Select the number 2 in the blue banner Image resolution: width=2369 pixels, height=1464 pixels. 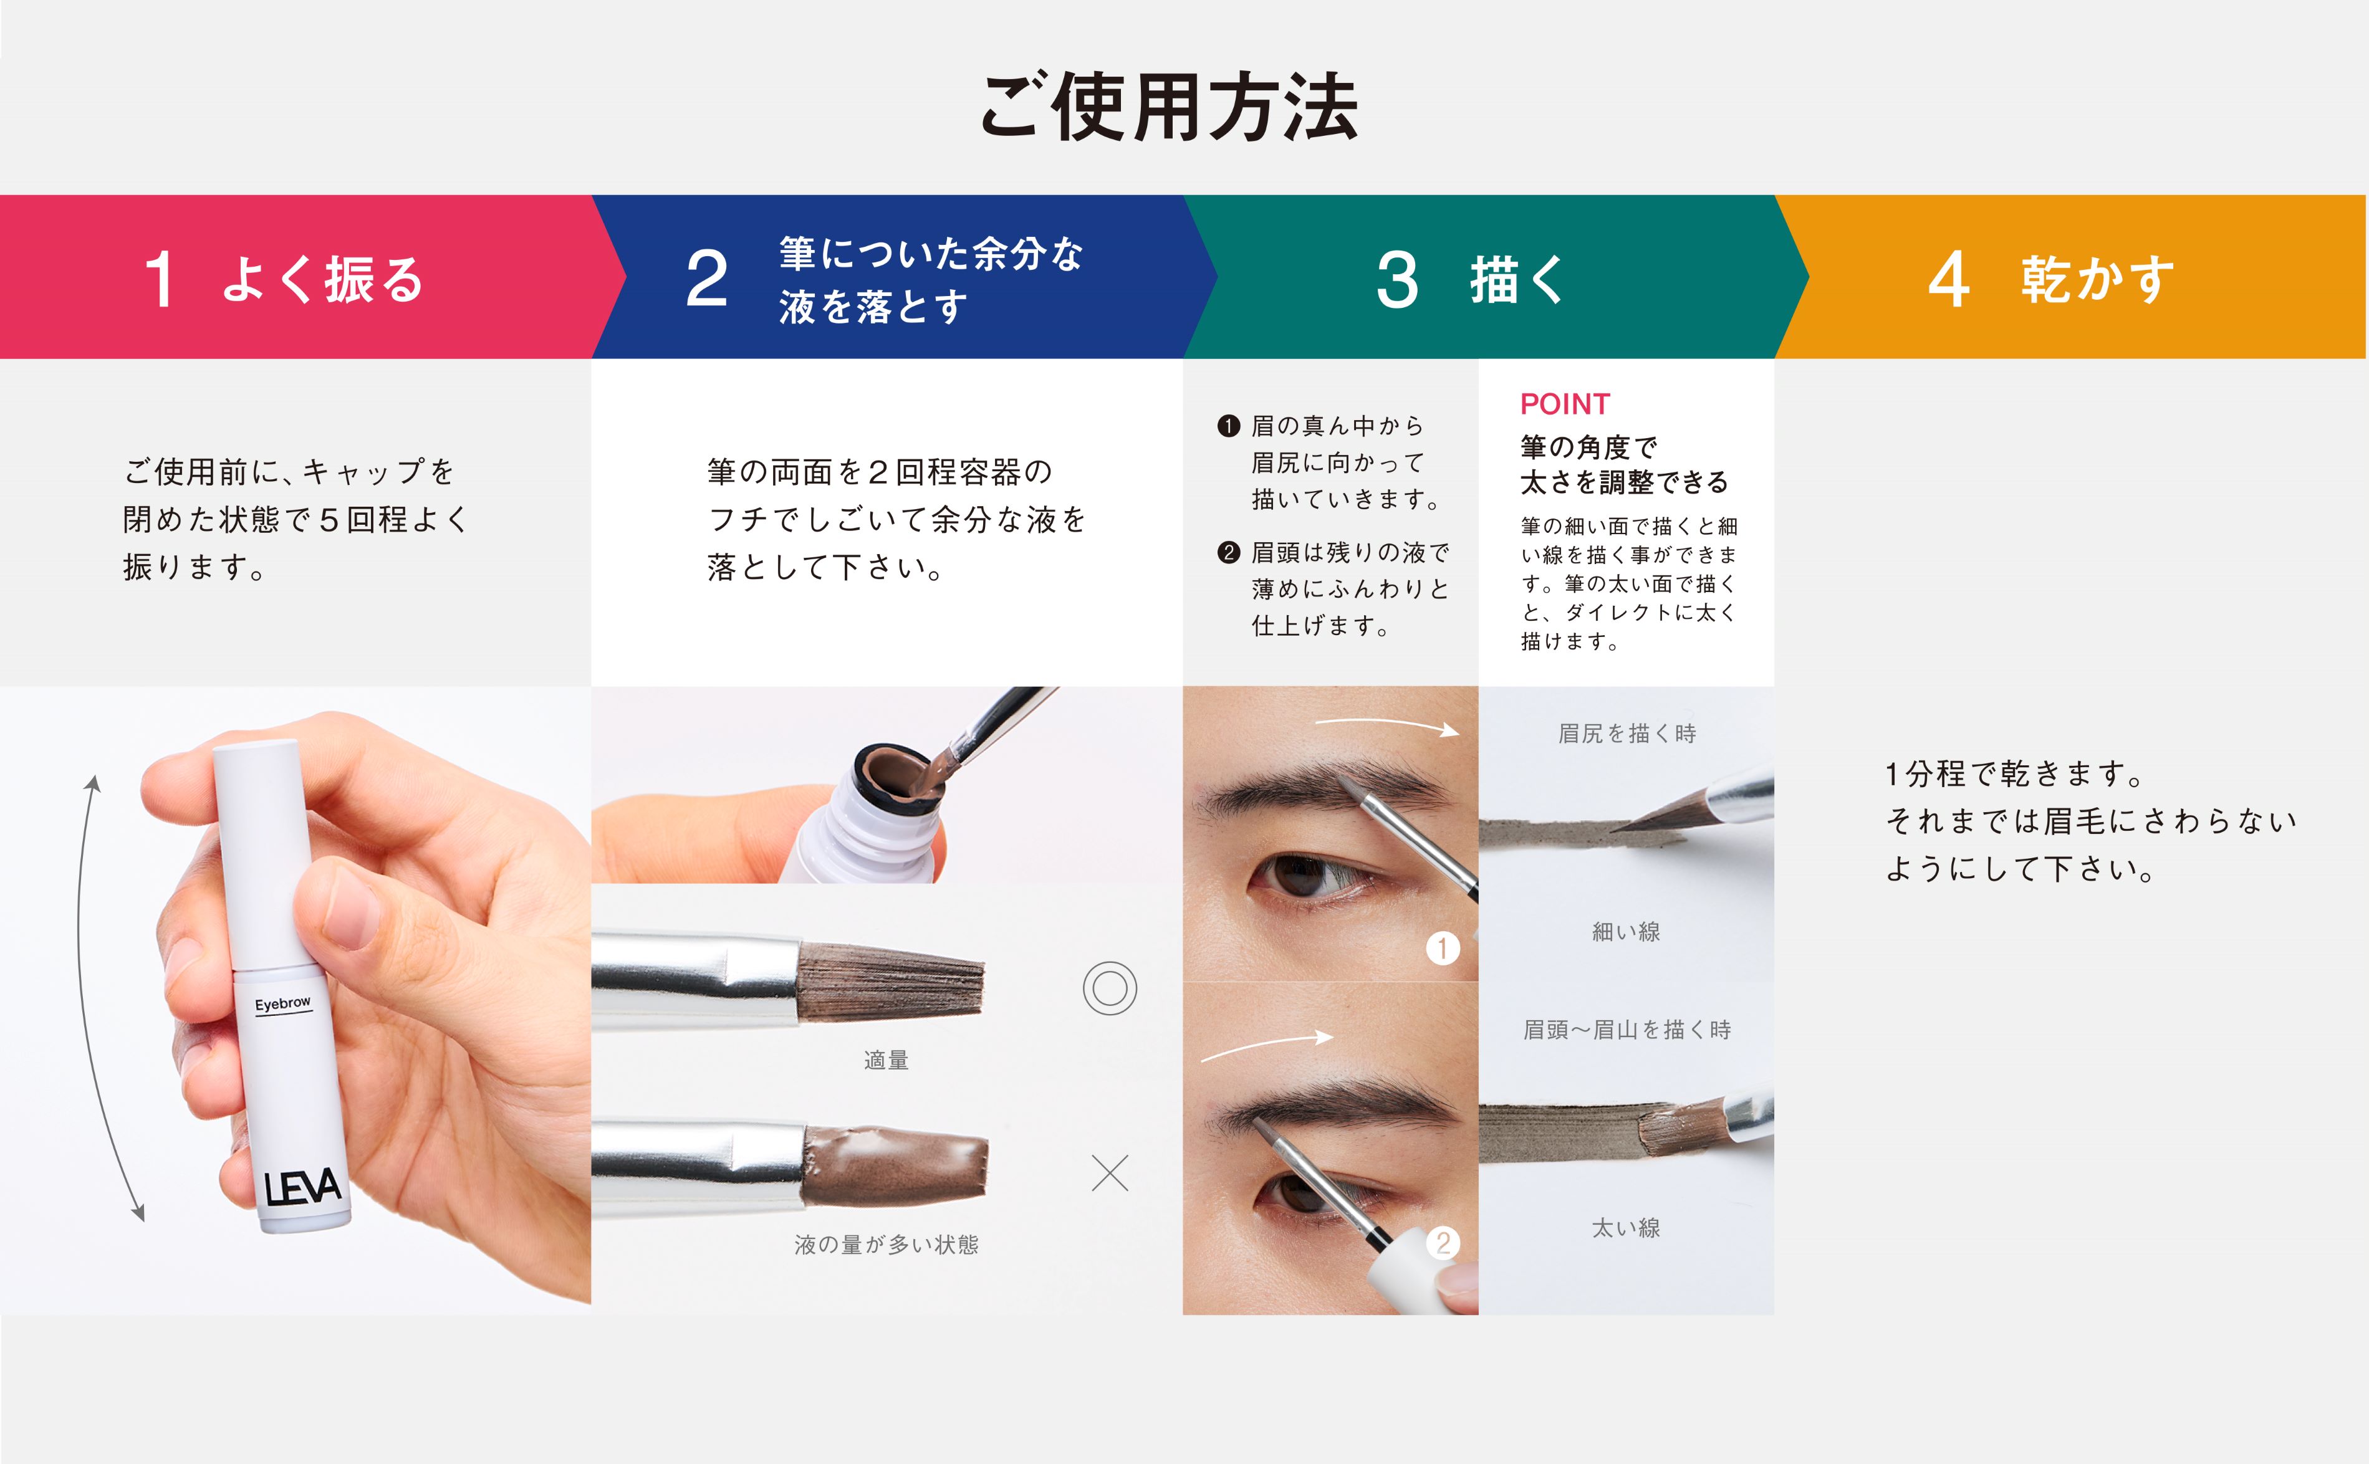pos(706,279)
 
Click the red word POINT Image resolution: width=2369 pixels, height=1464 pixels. pos(1564,404)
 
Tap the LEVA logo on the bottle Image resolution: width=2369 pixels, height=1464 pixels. pos(302,1187)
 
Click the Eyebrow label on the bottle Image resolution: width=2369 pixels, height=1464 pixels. pos(283,1004)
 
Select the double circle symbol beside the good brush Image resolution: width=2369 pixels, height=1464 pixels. pos(1109,988)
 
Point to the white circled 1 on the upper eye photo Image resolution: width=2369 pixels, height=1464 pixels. pos(1442,948)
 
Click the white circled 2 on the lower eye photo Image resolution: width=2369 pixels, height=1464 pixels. pos(1442,1242)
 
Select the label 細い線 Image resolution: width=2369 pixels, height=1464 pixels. pos(1626,932)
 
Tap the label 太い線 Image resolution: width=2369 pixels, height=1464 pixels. pos(1626,1228)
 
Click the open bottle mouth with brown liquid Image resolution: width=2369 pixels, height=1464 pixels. pos(901,775)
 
